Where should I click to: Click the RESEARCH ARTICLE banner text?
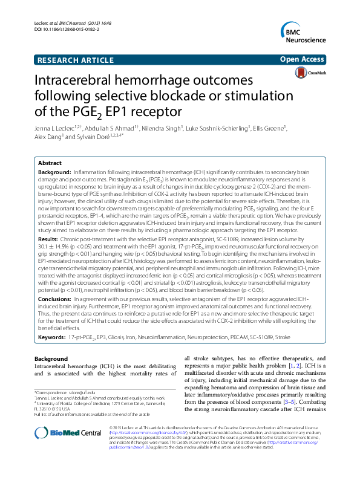[x=70, y=59]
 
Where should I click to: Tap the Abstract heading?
[x=50, y=163]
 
